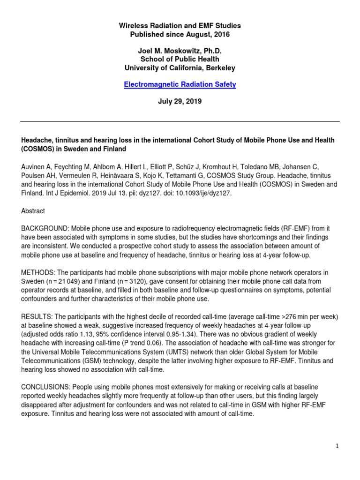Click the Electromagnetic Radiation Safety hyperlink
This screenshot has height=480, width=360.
[x=180, y=84]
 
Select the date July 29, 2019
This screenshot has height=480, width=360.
[x=180, y=101]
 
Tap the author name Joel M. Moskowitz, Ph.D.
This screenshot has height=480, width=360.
[x=180, y=51]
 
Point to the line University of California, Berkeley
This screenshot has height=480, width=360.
[x=180, y=67]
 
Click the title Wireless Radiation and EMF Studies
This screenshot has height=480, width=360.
[x=180, y=26]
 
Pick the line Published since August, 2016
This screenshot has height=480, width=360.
[x=180, y=34]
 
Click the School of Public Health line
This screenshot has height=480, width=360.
[x=180, y=59]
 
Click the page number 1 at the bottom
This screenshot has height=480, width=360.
[x=337, y=446]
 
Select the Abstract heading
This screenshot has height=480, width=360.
[x=33, y=211]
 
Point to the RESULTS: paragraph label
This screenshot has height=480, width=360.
[x=36, y=316]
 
